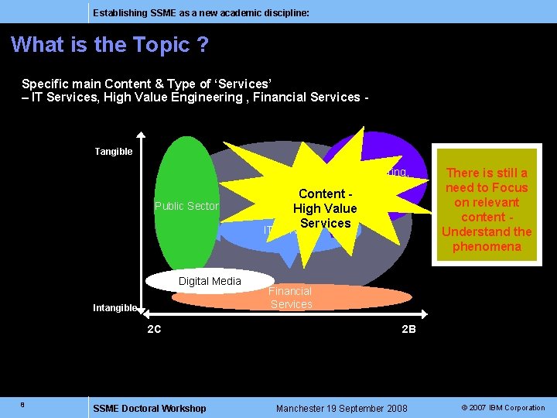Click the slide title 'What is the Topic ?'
tap(110, 45)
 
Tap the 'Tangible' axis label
tap(114, 152)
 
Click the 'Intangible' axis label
tap(115, 308)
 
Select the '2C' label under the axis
tap(154, 329)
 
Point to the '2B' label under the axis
tap(408, 329)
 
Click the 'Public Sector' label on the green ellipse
tap(186, 206)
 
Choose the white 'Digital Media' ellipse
tap(210, 281)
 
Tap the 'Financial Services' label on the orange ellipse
tap(291, 298)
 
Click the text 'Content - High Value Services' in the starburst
tap(325, 208)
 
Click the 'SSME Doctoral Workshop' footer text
tap(149, 408)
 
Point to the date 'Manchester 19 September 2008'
tap(341, 408)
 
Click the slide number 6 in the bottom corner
tap(23, 403)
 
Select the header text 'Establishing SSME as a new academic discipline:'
tap(200, 13)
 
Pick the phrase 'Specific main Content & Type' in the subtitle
tap(101, 83)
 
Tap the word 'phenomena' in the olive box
tap(487, 246)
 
